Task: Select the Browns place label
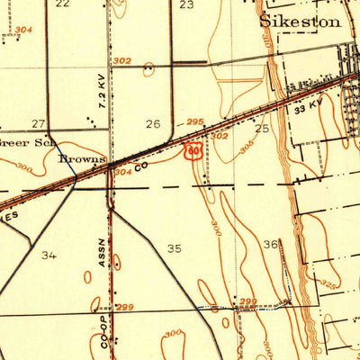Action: pos(79,159)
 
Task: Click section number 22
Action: pos(62,4)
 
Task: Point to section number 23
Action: pos(186,4)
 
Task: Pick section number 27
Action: pos(38,123)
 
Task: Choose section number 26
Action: pos(153,124)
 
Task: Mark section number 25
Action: pos(262,129)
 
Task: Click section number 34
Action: pos(49,255)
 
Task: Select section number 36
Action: pos(270,244)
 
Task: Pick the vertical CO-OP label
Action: pos(104,330)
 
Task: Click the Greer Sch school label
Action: pos(27,142)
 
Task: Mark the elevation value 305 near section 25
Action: pos(246,147)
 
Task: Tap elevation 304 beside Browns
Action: pos(122,170)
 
